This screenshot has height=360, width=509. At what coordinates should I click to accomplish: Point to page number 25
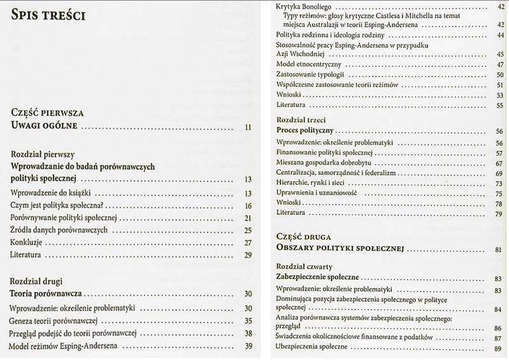(x=249, y=230)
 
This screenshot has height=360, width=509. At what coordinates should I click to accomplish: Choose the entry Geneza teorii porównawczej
(x=56, y=321)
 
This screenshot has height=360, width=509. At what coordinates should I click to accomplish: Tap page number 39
(x=249, y=346)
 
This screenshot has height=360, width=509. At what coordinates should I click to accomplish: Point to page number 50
(x=499, y=75)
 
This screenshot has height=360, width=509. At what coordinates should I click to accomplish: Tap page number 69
(x=499, y=173)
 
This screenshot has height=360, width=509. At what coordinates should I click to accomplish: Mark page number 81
(x=499, y=249)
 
